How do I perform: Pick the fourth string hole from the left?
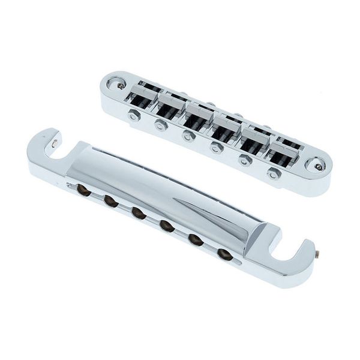coord(166,225)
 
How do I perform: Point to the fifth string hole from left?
coord(194,238)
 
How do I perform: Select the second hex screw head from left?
coord(160,125)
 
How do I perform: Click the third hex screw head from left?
coord(188,136)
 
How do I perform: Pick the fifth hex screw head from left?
coord(244,160)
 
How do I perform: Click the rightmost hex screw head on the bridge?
coord(274,174)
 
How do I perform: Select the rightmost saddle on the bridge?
coord(285,151)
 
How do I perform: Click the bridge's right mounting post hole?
coord(315,163)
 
